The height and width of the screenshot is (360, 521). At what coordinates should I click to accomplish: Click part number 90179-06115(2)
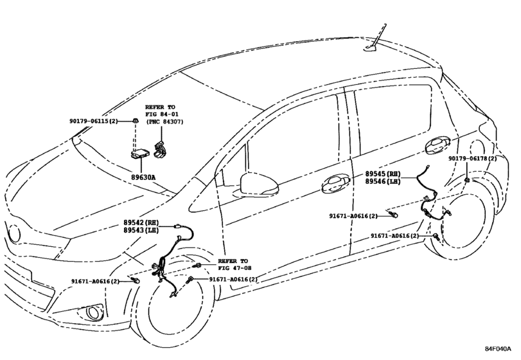(x=94, y=122)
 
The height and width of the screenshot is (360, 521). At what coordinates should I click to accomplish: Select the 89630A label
(x=143, y=177)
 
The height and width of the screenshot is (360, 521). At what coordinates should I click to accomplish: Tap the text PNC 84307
(x=164, y=122)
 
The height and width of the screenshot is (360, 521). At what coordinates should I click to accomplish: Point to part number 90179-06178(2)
(x=472, y=159)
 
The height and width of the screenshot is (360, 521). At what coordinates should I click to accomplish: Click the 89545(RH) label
(x=383, y=174)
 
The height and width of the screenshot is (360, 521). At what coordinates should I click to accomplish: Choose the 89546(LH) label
(x=383, y=181)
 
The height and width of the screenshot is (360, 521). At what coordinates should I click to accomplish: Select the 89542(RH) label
(x=141, y=222)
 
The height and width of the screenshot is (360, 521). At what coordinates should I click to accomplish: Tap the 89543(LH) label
(x=141, y=230)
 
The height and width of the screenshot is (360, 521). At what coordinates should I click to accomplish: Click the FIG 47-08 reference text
(x=234, y=268)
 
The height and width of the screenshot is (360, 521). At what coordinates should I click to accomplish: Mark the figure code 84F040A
(x=497, y=348)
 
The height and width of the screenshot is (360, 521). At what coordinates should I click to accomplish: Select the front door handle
(x=335, y=184)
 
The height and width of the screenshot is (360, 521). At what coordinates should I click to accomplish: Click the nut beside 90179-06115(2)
(x=135, y=121)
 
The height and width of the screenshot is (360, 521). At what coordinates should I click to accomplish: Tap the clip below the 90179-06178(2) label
(x=467, y=180)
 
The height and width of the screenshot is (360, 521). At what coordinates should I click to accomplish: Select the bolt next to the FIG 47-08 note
(x=198, y=265)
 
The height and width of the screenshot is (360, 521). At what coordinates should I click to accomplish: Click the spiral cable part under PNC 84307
(x=161, y=149)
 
